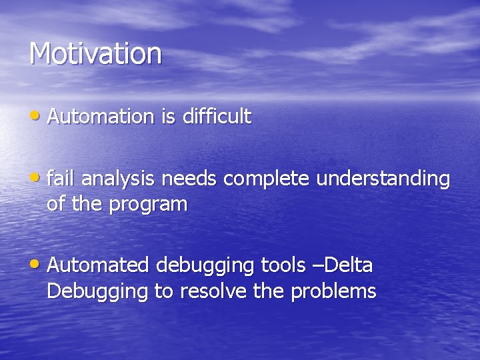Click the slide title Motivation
(95, 54)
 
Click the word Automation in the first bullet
(101, 117)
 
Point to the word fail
(59, 179)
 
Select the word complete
(268, 179)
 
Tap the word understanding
(383, 179)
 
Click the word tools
(285, 265)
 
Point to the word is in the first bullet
(167, 117)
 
